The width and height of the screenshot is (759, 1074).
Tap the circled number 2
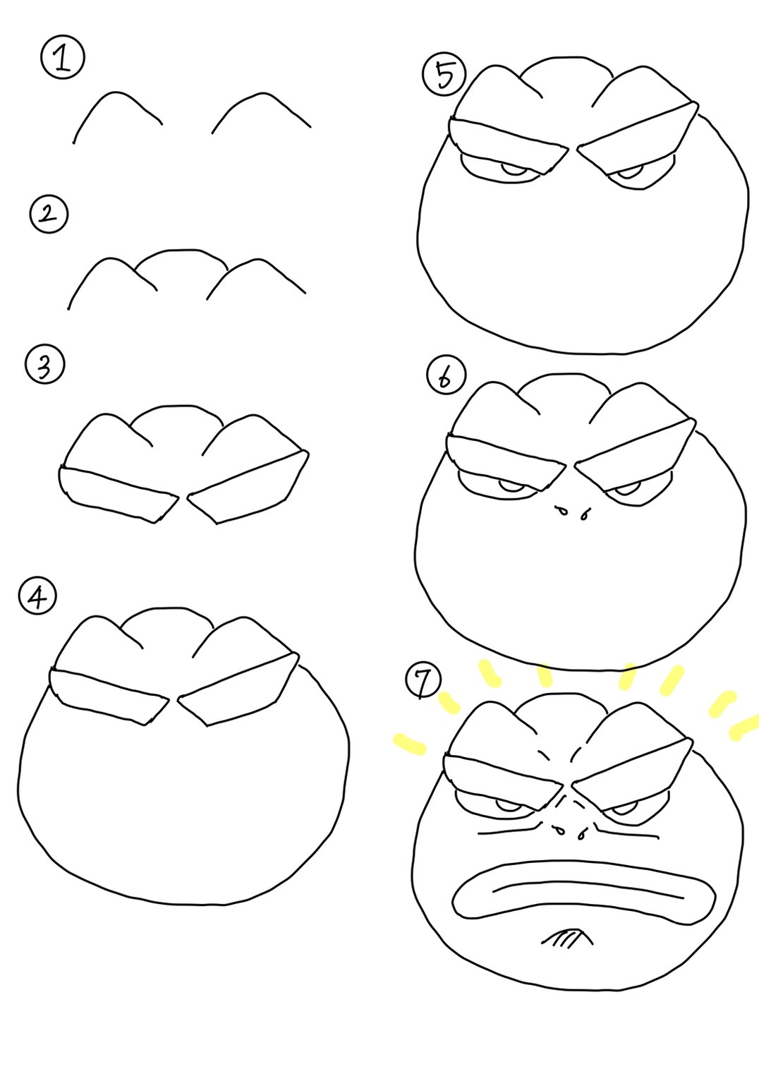[49, 215]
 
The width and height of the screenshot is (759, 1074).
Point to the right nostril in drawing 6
[584, 515]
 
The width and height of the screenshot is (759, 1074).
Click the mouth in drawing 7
[583, 890]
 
